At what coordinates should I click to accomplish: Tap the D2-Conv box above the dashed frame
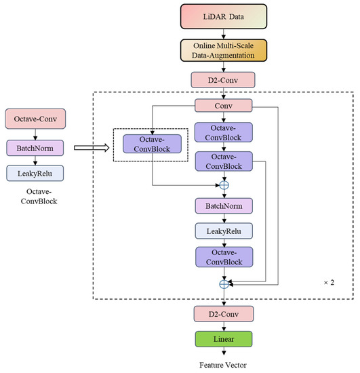click(x=224, y=80)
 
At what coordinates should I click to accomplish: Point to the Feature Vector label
click(x=224, y=365)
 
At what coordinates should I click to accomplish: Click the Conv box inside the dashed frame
click(x=224, y=105)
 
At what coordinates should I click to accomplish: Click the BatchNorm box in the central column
click(x=224, y=205)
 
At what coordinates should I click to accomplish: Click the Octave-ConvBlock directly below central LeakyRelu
click(x=224, y=257)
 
